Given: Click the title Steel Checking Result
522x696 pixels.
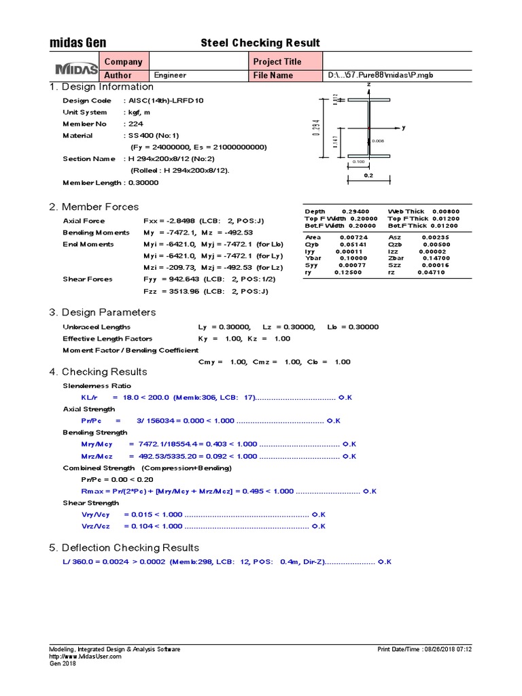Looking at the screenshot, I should pyautogui.click(x=260, y=43).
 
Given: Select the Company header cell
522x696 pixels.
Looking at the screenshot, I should pyautogui.click(x=123, y=61).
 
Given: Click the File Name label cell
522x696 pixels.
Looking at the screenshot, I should pyautogui.click(x=273, y=75).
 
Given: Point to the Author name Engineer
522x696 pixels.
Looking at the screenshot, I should pyautogui.click(x=170, y=75).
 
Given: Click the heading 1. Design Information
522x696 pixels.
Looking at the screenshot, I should pyautogui.click(x=101, y=87).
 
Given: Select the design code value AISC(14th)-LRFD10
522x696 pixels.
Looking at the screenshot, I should pyautogui.click(x=165, y=101).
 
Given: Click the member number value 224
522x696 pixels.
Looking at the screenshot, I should pyautogui.click(x=134, y=124).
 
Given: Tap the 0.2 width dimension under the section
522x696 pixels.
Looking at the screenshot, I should pyautogui.click(x=368, y=175).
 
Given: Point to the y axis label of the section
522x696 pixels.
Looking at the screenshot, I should pyautogui.click(x=403, y=127).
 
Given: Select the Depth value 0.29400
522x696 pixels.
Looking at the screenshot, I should pyautogui.click(x=355, y=211).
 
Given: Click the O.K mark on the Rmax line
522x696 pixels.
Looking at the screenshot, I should pyautogui.click(x=370, y=491).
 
